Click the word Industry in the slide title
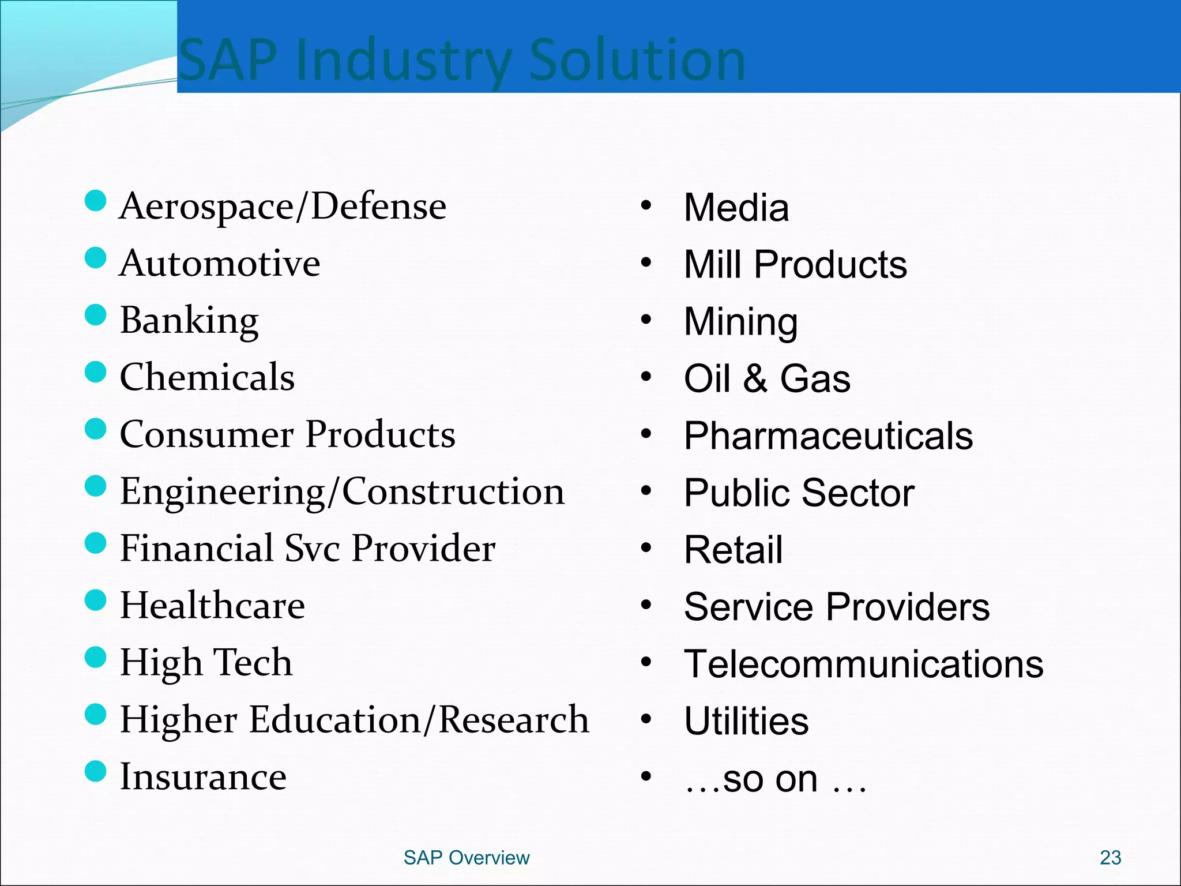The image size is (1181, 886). click(403, 61)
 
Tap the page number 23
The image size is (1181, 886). click(1110, 858)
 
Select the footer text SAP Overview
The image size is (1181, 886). click(466, 858)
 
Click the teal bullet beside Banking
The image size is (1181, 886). click(95, 315)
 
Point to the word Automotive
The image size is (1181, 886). click(219, 264)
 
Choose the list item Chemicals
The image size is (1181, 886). click(207, 377)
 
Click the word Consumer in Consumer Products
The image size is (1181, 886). click(206, 434)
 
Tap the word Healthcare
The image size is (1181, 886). click(212, 606)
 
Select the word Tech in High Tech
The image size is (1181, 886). click(253, 662)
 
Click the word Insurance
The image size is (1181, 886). click(203, 776)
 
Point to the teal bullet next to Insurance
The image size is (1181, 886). click(95, 771)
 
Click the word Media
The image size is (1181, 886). click(736, 208)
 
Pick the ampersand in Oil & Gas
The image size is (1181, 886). click(755, 379)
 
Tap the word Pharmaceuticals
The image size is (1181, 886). click(828, 436)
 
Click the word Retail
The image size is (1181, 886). click(733, 550)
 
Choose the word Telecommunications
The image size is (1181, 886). click(863, 664)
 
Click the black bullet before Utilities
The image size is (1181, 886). click(646, 719)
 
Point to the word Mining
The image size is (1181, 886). click(740, 322)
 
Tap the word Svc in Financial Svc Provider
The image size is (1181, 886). click(312, 549)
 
